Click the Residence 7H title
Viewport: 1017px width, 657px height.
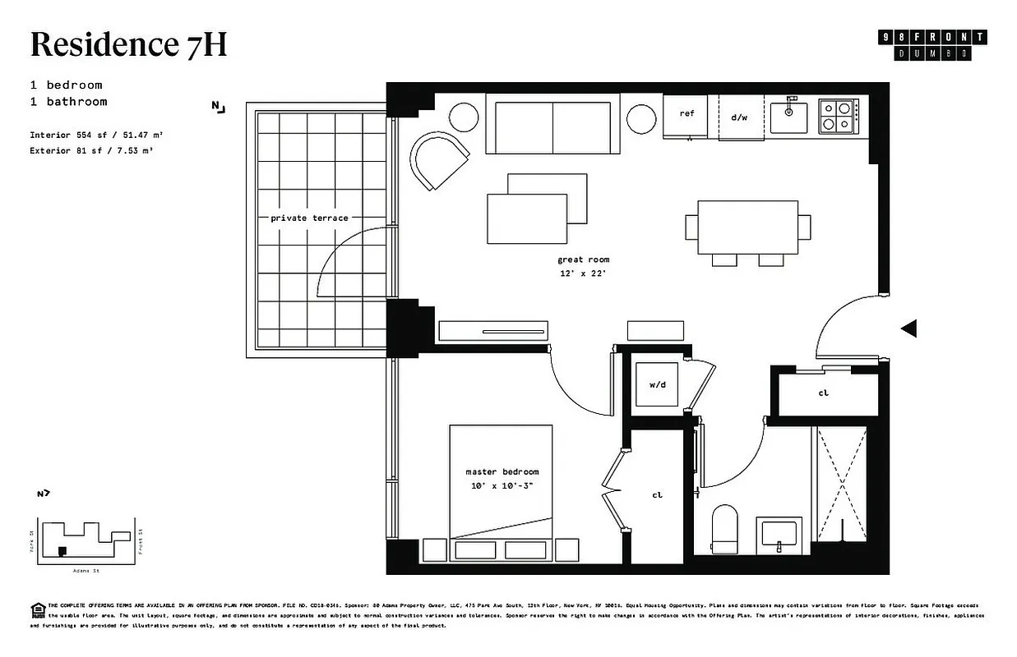(128, 45)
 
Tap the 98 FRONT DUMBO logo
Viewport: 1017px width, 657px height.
(932, 45)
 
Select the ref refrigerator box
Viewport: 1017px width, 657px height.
(686, 115)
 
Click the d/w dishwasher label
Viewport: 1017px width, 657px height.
(739, 117)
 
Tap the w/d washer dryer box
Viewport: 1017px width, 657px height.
(657, 384)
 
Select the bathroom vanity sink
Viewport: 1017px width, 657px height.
(778, 535)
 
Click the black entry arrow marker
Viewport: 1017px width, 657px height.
(908, 328)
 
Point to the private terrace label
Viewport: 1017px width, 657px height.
(309, 218)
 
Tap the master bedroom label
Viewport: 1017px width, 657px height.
(502, 472)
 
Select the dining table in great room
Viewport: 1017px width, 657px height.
(747, 227)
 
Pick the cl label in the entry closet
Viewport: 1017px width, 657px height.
(823, 393)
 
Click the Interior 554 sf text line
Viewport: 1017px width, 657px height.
(101, 134)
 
